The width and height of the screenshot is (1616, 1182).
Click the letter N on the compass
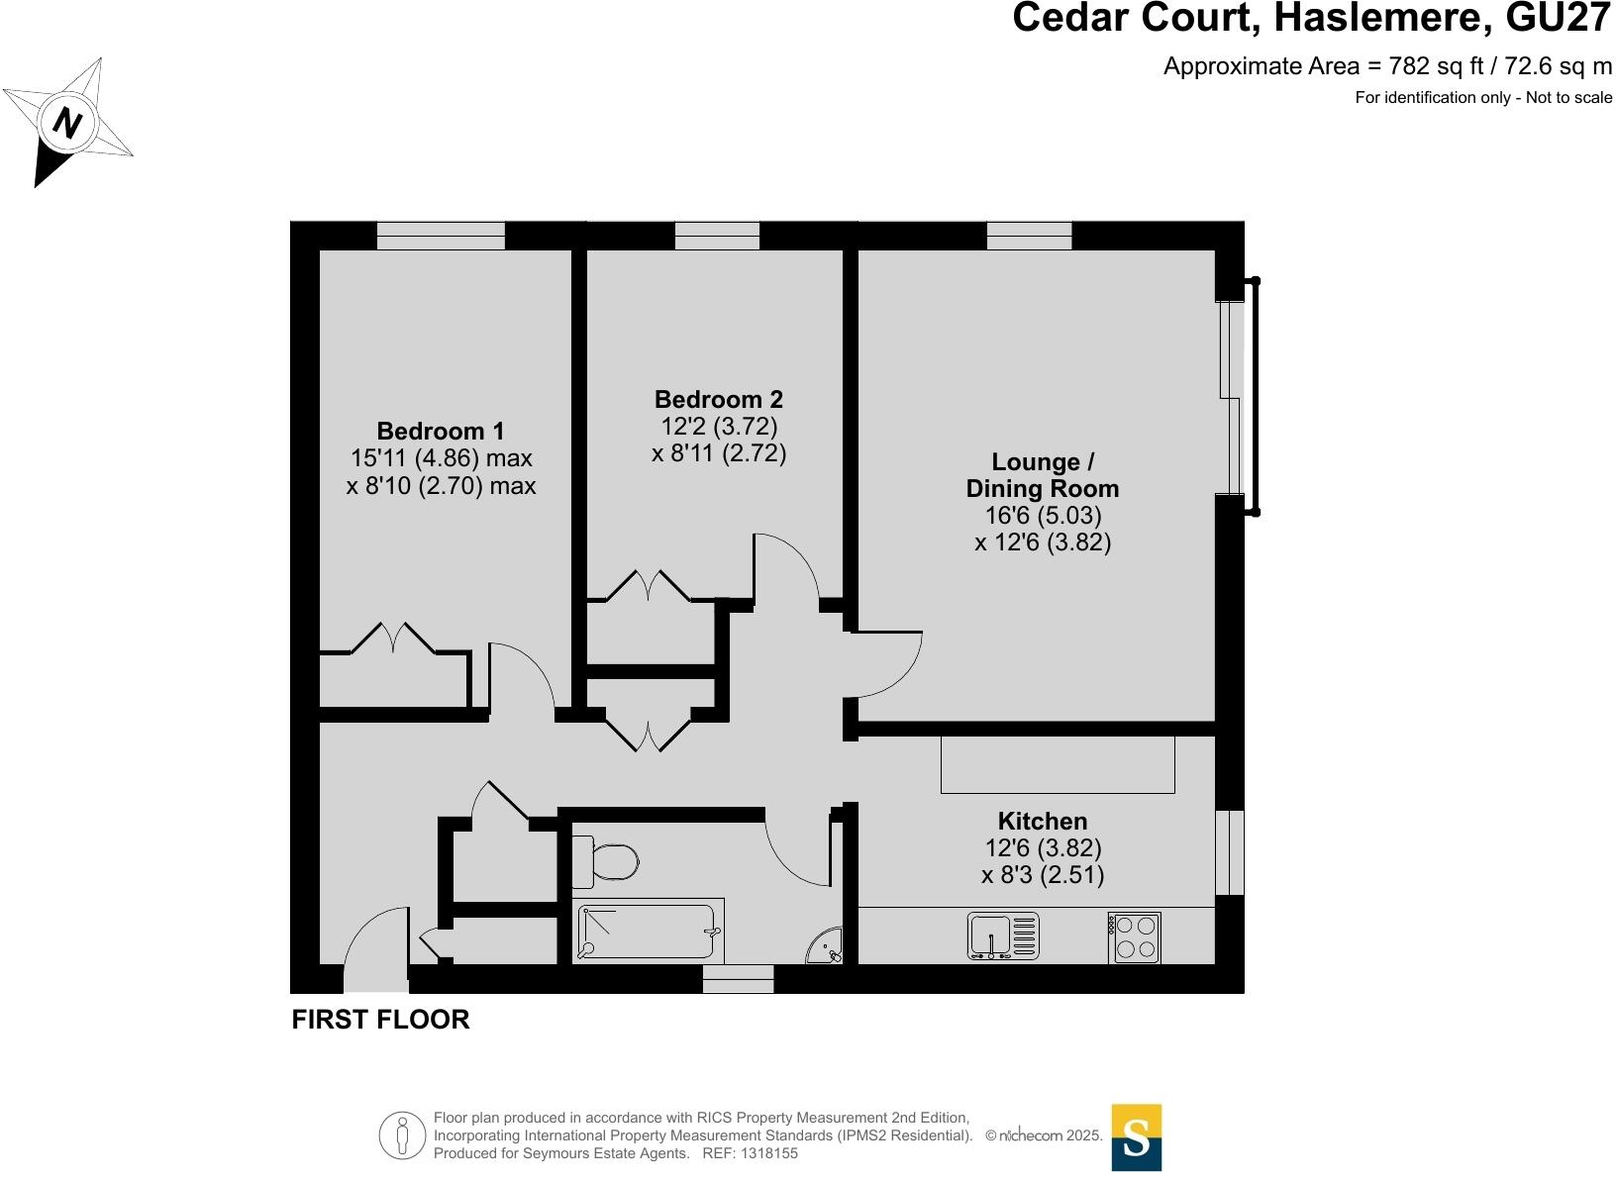click(x=67, y=123)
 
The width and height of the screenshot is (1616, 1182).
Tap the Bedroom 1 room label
click(x=440, y=431)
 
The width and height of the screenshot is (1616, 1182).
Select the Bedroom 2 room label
click(x=719, y=399)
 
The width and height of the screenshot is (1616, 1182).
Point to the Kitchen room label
click(x=1043, y=821)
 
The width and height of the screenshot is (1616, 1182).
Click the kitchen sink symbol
click(x=1003, y=936)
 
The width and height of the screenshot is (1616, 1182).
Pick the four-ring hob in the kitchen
click(x=1135, y=937)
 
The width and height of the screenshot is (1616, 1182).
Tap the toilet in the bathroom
click(x=605, y=862)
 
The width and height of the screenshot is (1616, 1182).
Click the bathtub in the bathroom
click(x=648, y=931)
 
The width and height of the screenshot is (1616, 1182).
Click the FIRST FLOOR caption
click(x=380, y=1019)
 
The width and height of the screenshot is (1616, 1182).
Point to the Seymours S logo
click(x=1137, y=1137)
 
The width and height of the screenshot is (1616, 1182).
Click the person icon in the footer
click(x=403, y=1135)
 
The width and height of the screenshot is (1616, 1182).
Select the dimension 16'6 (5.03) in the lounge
click(x=1044, y=515)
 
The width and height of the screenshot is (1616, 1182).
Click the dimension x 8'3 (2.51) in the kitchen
click(x=1043, y=875)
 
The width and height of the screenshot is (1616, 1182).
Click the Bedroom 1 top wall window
click(x=441, y=236)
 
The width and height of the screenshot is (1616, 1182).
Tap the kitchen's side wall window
click(x=1229, y=852)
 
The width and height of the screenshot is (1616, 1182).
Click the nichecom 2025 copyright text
click(x=1044, y=1135)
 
